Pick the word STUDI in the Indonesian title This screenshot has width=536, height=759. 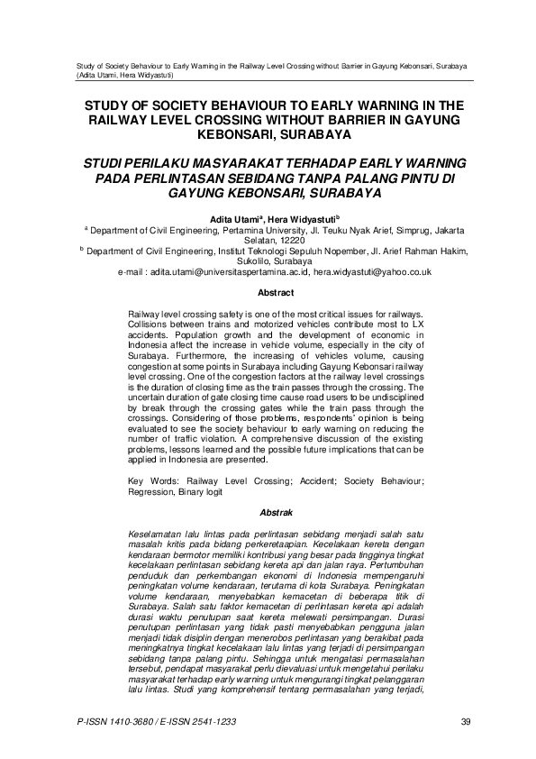(111, 163)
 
